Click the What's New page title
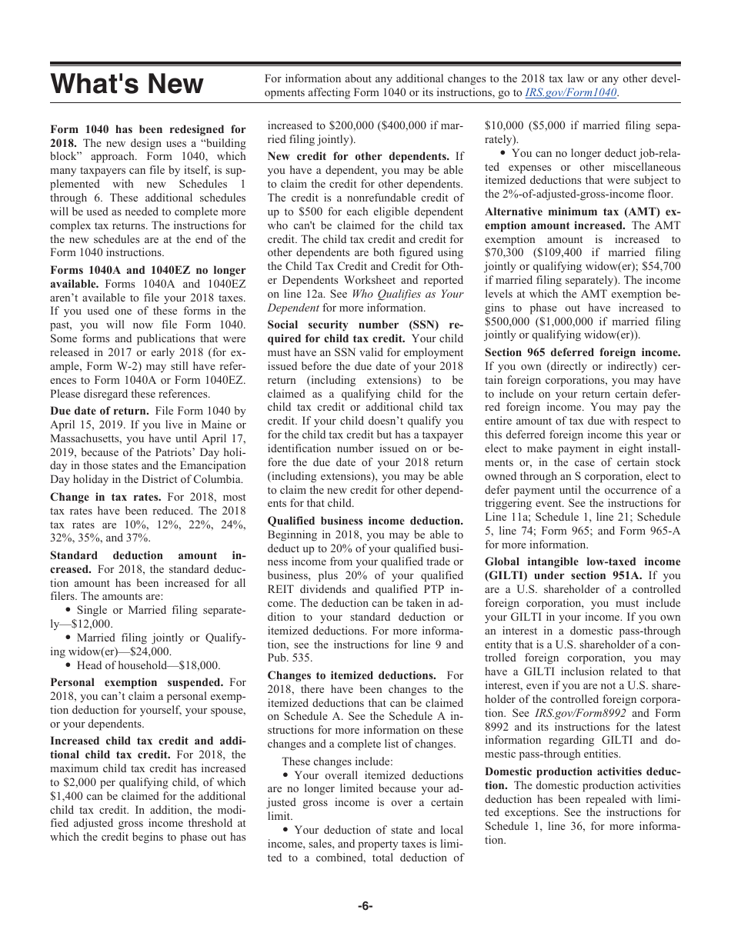(127, 84)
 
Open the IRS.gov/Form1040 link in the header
(570, 93)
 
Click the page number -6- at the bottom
(365, 906)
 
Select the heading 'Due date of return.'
(99, 411)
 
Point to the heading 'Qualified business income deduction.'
(365, 521)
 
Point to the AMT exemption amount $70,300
(504, 251)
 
